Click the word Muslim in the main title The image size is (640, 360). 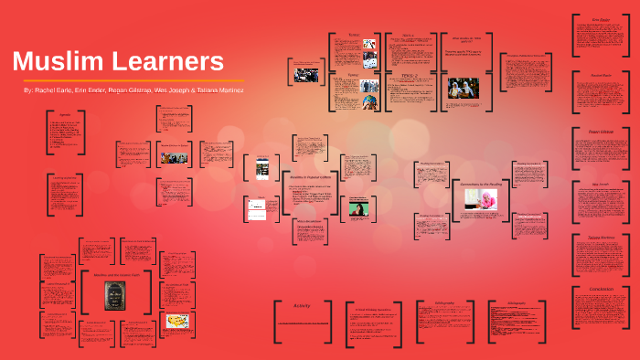tap(58, 62)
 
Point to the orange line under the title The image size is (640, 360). tap(128, 80)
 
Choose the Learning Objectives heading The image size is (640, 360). tap(65, 177)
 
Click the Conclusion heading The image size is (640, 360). tap(600, 290)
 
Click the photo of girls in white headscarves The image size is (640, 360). tap(463, 88)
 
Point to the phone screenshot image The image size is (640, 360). tap(261, 167)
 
